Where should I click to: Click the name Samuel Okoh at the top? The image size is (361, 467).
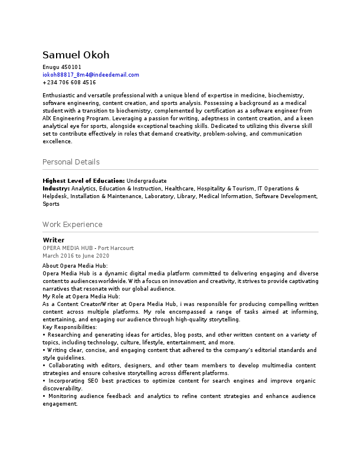pos(76,55)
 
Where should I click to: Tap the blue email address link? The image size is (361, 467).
pos(91,75)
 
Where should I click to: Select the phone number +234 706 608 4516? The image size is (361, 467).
pos(69,83)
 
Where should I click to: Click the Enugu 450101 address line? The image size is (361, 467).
pos(62,67)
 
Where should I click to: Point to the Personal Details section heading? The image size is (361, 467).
pos(71,162)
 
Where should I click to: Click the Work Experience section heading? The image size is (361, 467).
pos(72,225)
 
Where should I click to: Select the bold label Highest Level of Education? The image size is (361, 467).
pos(83,180)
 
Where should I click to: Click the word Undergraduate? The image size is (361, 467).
pos(146,180)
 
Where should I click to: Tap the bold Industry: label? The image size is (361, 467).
pos(56,188)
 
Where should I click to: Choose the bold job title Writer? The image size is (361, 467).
pos(54,241)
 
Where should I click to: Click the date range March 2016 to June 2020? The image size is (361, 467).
pos(76,256)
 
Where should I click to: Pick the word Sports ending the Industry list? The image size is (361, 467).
pos(51,204)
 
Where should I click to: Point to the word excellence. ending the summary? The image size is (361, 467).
pos(57,142)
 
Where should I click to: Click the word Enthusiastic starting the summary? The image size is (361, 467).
pos(59,95)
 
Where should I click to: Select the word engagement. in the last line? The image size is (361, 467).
pos(60,404)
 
